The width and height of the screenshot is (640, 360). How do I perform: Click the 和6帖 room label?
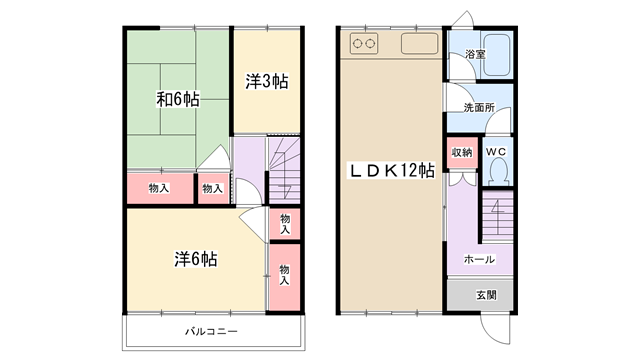tap(178, 99)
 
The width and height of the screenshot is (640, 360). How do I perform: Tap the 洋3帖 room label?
tap(267, 81)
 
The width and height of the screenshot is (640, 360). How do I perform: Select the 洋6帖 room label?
tap(196, 259)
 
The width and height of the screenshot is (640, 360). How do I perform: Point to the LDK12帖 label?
tap(391, 170)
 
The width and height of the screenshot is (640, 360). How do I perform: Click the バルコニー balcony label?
tap(211, 331)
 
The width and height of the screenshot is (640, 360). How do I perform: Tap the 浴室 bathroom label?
tap(475, 54)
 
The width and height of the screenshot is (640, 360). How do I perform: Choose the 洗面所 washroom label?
tap(479, 108)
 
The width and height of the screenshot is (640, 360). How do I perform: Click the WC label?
tap(496, 152)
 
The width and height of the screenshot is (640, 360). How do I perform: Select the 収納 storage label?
tap(462, 152)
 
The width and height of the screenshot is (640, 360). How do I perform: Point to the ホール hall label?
tap(479, 259)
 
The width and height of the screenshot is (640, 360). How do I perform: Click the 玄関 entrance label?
tap(487, 295)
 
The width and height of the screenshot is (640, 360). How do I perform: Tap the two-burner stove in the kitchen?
tap(364, 43)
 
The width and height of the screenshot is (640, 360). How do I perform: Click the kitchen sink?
tap(420, 43)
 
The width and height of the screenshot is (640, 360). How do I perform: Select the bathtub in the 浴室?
tap(496, 55)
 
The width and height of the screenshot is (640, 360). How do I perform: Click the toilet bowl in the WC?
tap(498, 171)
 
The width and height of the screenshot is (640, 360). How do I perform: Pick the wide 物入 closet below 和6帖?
tap(160, 189)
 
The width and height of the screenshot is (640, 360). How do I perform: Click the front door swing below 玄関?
tap(495, 329)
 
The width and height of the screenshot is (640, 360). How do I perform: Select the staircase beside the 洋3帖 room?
tap(284, 170)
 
